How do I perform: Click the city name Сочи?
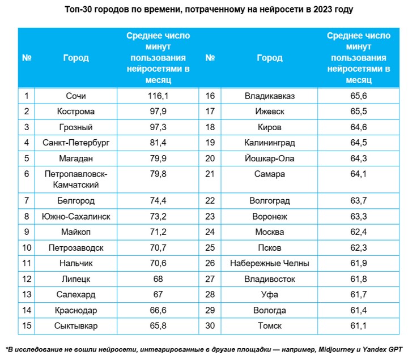[x=75, y=96]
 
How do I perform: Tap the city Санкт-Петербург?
[x=75, y=142]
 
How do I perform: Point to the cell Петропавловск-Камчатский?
[x=75, y=179]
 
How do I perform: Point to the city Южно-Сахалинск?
[x=75, y=216]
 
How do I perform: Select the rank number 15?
[x=26, y=325]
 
